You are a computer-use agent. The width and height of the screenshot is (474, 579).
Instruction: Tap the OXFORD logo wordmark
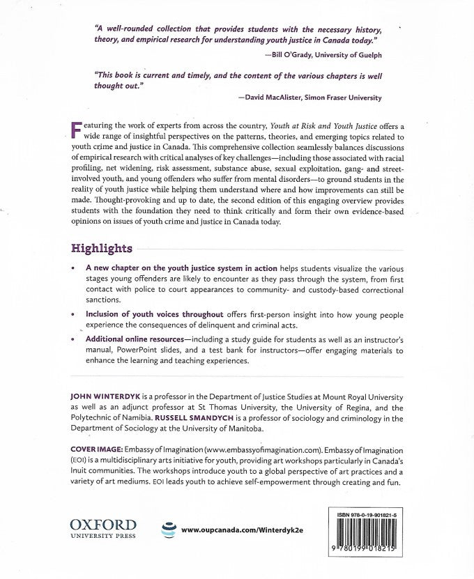click(102, 524)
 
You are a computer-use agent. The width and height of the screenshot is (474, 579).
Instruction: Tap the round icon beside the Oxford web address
click(167, 530)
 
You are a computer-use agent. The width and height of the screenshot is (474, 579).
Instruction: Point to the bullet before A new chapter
click(73, 268)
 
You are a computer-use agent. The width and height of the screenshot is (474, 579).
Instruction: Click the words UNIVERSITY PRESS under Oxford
click(102, 536)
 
